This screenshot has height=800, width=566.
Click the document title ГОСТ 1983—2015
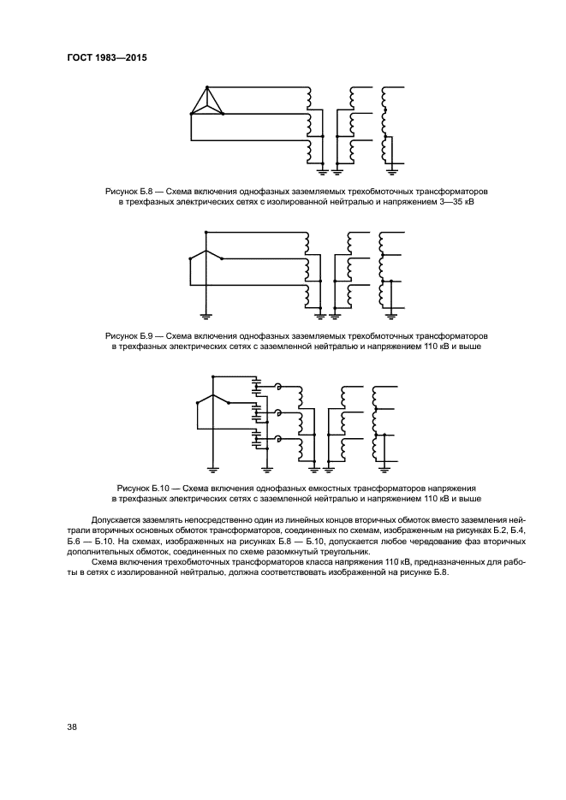click(x=107, y=59)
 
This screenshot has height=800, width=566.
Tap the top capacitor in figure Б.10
click(x=255, y=384)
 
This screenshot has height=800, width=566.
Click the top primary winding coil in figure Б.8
click(x=306, y=95)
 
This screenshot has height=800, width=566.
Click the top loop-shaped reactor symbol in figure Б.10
click(x=278, y=388)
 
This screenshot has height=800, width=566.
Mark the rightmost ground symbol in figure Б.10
click(x=386, y=467)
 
